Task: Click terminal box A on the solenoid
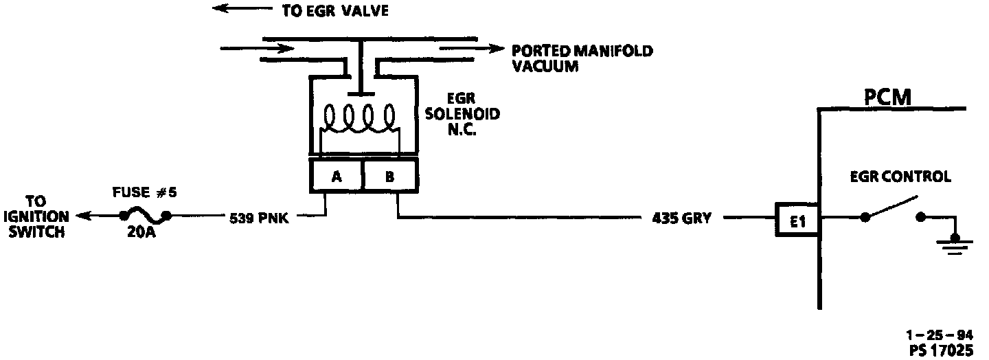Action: pos(337,176)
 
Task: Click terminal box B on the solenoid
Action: pos(389,176)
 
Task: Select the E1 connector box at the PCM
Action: pos(797,221)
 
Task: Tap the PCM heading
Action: pos(888,98)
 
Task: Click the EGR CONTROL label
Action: pos(900,177)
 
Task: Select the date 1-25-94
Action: pos(939,336)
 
